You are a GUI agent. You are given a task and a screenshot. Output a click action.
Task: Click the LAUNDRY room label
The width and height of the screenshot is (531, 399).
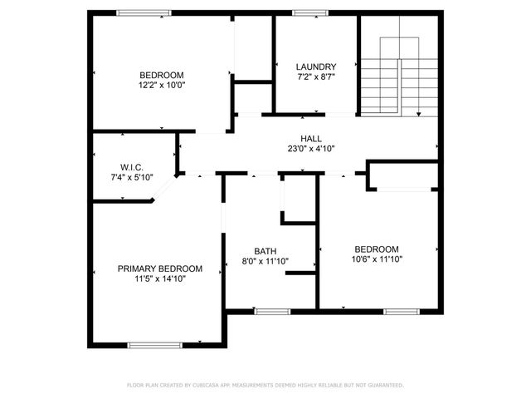316,66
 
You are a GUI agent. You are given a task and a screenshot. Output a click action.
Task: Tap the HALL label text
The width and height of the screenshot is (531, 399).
311,139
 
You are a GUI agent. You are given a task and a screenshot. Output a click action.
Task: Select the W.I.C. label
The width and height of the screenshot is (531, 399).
132,167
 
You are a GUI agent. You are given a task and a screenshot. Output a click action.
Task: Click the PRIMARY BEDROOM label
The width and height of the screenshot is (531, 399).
159,268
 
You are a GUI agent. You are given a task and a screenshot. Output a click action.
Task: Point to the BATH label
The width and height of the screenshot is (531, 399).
265,251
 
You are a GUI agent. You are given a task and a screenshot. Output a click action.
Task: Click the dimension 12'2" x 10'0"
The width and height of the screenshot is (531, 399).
162,85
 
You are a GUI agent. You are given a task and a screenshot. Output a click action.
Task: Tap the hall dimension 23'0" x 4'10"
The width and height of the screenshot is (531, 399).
311,150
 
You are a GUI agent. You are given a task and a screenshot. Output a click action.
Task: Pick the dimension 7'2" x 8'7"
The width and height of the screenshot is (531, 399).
316,77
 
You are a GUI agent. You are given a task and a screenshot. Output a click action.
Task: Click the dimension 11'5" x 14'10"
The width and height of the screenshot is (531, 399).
159,279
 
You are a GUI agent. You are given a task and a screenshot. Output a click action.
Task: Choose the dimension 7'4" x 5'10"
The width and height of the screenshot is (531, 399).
132,177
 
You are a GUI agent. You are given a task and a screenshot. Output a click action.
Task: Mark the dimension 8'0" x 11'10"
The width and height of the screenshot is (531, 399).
265,261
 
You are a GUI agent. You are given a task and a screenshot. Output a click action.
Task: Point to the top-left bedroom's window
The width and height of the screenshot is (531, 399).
144,12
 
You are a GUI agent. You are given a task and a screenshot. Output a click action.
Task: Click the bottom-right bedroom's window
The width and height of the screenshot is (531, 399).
399,312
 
